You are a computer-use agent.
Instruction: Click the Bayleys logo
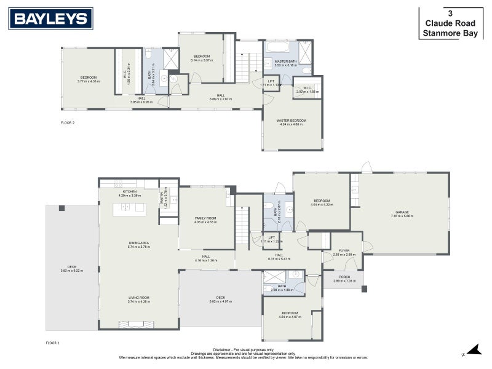tap(50, 19)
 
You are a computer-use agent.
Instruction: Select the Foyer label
tap(344, 252)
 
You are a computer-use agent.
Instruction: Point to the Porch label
tap(344, 278)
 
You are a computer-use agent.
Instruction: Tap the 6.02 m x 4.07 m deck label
tap(220, 300)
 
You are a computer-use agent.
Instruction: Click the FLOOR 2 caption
tap(68, 122)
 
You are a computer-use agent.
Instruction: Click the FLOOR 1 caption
tap(53, 342)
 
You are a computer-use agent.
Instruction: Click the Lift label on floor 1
tap(271, 239)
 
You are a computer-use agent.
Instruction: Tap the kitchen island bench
tap(129, 207)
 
